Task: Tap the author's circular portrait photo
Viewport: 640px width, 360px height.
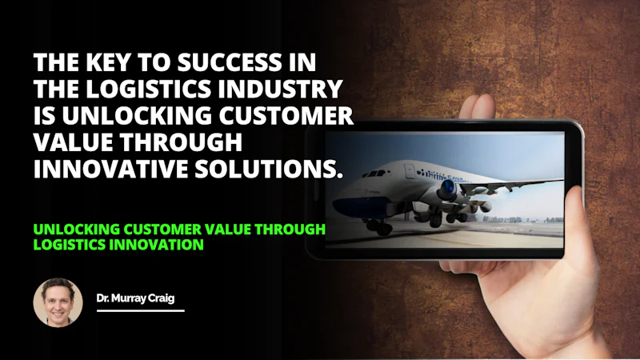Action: click(x=58, y=303)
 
